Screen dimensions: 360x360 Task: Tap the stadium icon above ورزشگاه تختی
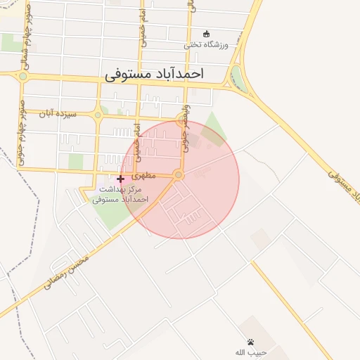(206, 33)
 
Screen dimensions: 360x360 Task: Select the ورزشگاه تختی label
(206, 44)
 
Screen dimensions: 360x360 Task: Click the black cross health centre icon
(120, 179)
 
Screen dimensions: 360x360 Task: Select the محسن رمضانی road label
(68, 274)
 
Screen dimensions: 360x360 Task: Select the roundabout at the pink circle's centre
(179, 174)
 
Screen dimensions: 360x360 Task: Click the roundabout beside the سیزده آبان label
(98, 115)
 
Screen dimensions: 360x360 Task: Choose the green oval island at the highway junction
(240, 79)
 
